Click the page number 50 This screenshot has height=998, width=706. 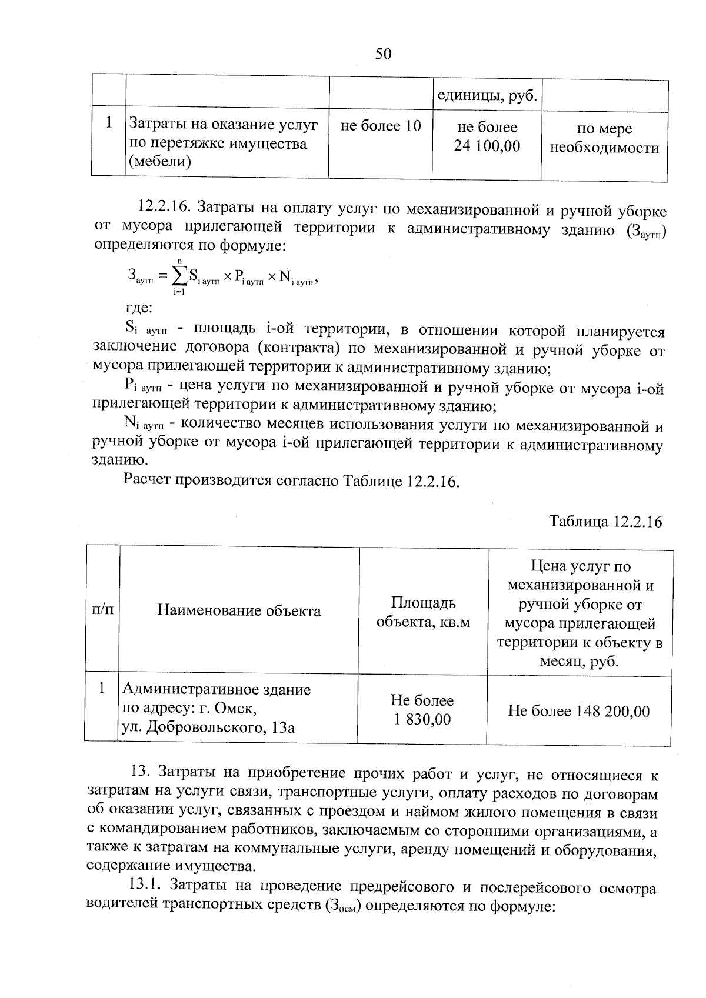(x=382, y=55)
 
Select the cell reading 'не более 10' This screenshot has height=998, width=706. (x=381, y=126)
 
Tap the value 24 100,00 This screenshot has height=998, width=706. (x=487, y=146)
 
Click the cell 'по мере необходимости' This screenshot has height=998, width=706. (x=604, y=139)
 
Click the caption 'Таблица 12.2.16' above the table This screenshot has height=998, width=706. (x=606, y=522)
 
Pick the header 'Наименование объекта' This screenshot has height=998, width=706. (x=239, y=611)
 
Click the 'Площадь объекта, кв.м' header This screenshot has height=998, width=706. (x=423, y=612)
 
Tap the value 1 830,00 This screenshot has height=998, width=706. (x=422, y=719)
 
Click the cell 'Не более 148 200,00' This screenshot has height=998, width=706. (x=579, y=712)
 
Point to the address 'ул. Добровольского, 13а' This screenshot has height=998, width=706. (x=208, y=728)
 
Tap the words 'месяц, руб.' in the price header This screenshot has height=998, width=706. (x=580, y=662)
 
